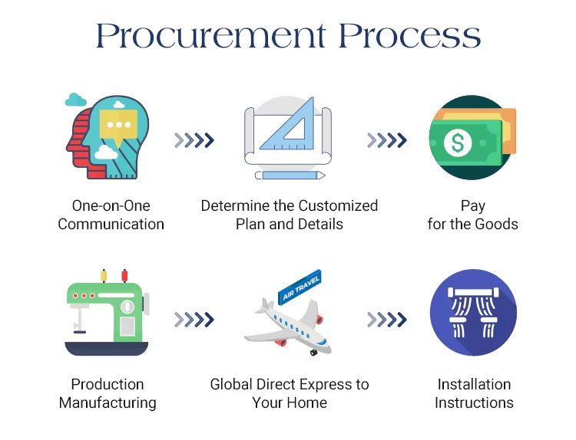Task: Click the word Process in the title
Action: (410, 36)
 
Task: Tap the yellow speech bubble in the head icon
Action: (119, 126)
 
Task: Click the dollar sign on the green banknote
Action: (459, 143)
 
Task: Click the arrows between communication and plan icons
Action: (194, 140)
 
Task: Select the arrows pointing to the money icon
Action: (387, 140)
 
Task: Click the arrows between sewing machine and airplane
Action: (194, 319)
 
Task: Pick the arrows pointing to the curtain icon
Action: (387, 319)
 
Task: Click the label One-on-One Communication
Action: (111, 215)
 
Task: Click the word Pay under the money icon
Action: (473, 205)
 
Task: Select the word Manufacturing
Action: (108, 402)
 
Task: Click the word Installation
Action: (474, 384)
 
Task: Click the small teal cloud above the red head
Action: (74, 100)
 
